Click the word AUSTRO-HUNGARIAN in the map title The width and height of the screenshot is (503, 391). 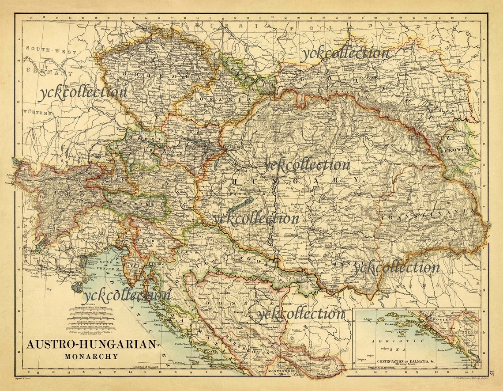(x=92, y=345)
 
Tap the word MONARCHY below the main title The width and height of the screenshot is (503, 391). (x=92, y=356)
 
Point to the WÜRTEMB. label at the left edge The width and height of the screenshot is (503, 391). (x=38, y=113)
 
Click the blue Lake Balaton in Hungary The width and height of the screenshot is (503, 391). (x=240, y=204)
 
